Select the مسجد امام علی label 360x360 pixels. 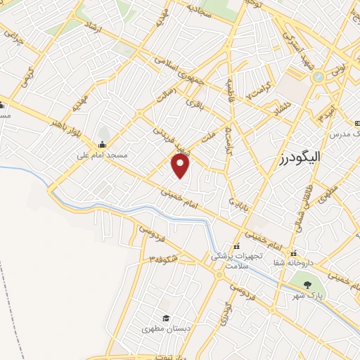pyautogui.click(x=103, y=150)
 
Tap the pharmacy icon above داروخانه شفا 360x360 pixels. pyautogui.click(x=297, y=251)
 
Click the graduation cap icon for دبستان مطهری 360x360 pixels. pyautogui.click(x=166, y=318)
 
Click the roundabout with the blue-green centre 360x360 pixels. pyautogui.click(x=319, y=75)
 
